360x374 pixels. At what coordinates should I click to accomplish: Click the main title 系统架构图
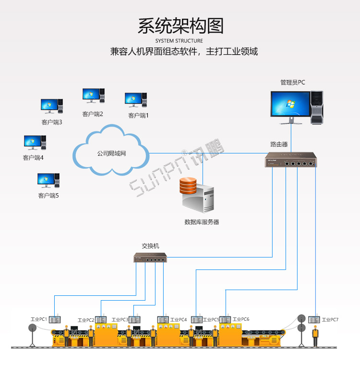[x=180, y=26]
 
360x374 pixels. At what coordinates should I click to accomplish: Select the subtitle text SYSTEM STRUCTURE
[x=180, y=41]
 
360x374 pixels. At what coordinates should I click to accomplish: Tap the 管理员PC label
[x=292, y=82]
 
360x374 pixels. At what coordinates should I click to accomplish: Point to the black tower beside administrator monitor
[x=317, y=106]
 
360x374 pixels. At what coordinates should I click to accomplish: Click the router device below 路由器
[x=291, y=159]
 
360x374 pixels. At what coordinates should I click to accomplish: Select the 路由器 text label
[x=279, y=144]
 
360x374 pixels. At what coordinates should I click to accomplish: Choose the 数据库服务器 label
[x=202, y=222]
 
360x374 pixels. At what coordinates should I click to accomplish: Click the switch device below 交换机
[x=150, y=258]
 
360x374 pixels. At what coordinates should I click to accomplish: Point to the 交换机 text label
[x=150, y=246]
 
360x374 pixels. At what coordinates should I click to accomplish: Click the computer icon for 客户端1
[x=136, y=99]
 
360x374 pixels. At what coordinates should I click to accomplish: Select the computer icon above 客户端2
[x=93, y=94]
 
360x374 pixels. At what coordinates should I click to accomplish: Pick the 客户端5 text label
[x=48, y=196]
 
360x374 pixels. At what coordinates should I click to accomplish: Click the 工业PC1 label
[x=38, y=319]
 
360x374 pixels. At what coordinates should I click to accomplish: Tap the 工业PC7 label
[x=330, y=319]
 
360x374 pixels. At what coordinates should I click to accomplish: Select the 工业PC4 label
[x=179, y=320]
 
